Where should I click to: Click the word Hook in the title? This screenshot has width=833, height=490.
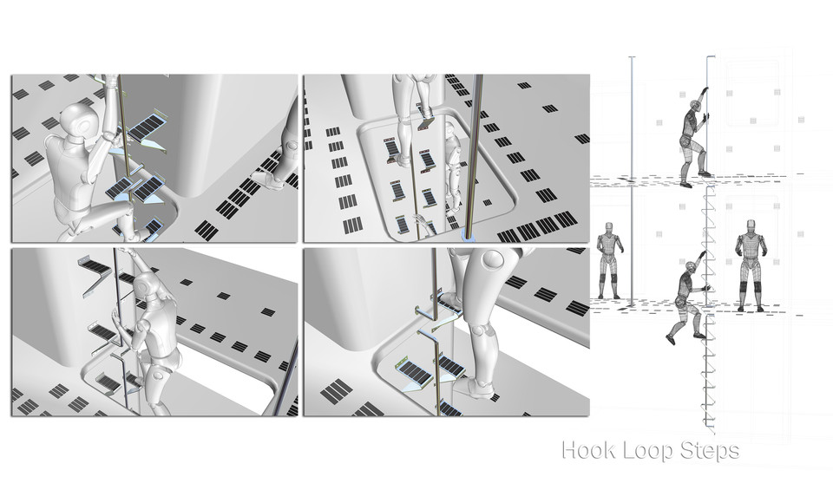click(587, 451)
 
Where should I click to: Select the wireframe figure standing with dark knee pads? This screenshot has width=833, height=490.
click(750, 264)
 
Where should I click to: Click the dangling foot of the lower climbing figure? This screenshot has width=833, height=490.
click(671, 340)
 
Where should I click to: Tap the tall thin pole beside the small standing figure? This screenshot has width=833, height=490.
click(632, 173)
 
